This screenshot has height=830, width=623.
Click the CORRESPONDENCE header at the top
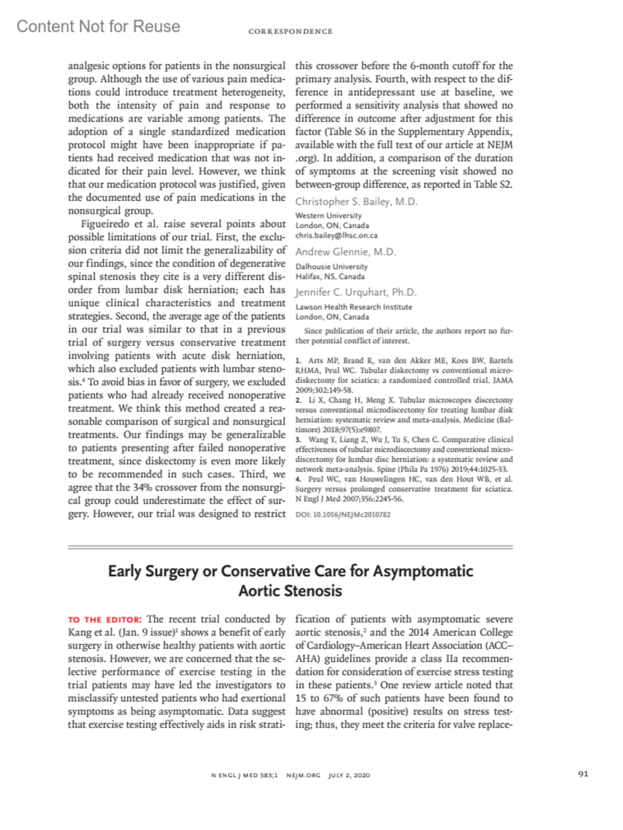click(290, 32)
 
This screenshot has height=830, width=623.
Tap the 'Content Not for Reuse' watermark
click(98, 26)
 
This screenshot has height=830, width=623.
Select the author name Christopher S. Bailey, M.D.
click(356, 202)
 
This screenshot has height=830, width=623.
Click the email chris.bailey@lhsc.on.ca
click(336, 236)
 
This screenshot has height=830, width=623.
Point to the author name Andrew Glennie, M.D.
click(345, 252)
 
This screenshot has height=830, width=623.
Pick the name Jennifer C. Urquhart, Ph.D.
click(356, 293)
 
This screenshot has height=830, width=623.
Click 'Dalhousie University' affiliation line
click(331, 267)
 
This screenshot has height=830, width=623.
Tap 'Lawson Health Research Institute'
click(354, 307)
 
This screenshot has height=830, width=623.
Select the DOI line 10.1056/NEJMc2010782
click(343, 515)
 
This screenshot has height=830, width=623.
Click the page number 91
click(583, 774)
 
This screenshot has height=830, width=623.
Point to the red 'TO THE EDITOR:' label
click(105, 620)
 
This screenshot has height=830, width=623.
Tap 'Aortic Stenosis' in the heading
click(290, 591)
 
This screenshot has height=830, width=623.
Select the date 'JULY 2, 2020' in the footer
click(349, 776)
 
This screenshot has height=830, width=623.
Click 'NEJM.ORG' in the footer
click(303, 776)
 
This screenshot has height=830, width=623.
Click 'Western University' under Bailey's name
click(328, 216)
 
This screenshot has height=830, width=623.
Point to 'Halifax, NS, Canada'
click(330, 276)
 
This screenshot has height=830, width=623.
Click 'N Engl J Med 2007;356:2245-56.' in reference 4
click(349, 499)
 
